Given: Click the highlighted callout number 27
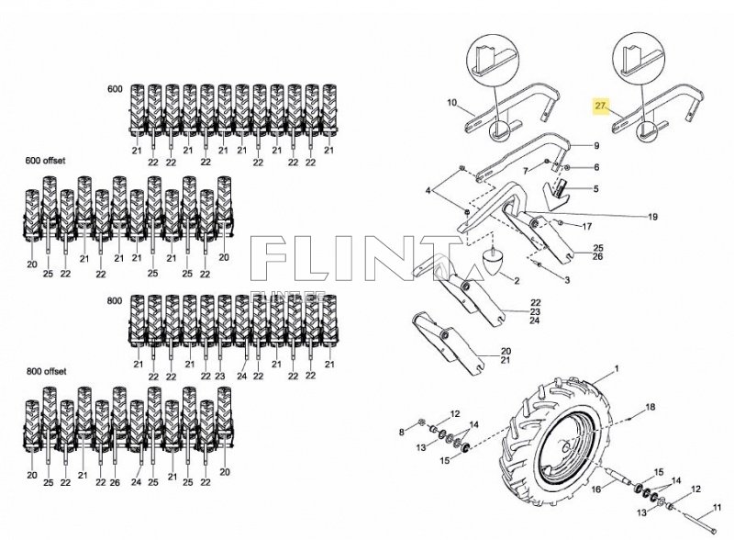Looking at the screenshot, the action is coord(600,106).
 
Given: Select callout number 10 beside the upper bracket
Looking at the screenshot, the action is coord(451,103).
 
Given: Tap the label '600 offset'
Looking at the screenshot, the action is coord(45,161).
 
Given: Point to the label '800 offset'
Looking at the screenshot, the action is coord(46,371).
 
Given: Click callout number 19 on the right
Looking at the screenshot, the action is coord(652,217).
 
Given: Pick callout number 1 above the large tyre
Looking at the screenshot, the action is coord(617,369).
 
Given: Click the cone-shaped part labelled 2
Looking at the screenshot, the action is coord(493,261).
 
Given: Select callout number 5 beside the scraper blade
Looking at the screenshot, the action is coord(595,189).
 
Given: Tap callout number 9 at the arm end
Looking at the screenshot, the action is coord(596,146).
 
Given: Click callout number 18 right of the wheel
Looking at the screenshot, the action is coord(651,407).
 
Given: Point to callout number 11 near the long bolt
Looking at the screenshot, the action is coord(717,507).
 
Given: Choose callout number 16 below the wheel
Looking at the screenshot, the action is coord(595,489).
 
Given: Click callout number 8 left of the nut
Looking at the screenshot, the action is coord(401,433).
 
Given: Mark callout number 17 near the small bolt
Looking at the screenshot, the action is coord(587,227).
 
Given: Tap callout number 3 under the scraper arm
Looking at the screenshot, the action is coord(567,280).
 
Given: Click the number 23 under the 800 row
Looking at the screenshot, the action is coord(220,376).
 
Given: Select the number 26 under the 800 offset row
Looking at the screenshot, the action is coord(116,482).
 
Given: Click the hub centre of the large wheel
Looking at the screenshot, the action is coord(566,446).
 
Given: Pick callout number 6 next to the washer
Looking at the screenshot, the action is coord(596,167).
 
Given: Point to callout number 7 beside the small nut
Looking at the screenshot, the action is coord(525,171).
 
